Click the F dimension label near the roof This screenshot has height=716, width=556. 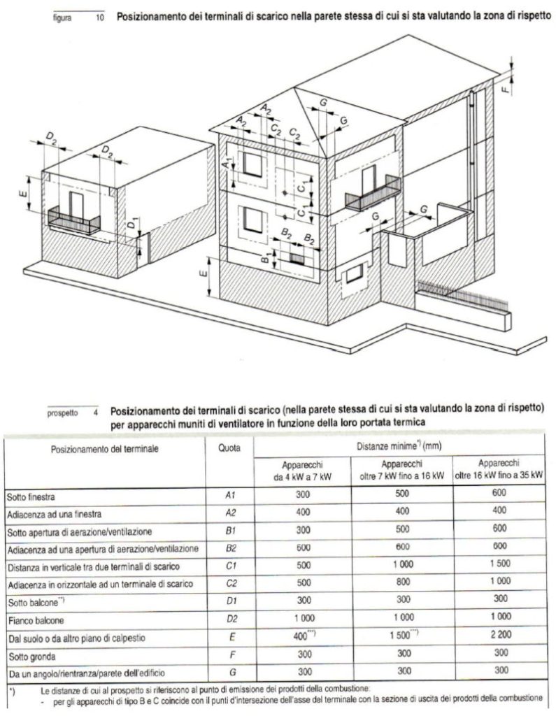coord(506,91)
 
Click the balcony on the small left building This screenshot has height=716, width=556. coord(74,218)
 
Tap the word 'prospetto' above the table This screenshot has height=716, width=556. coord(64,413)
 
